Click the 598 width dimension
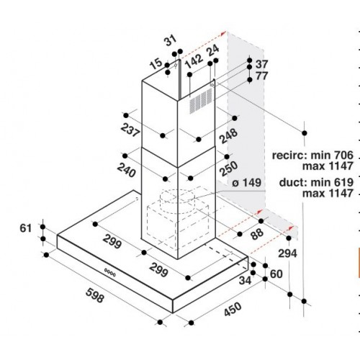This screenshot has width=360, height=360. coord(94,295)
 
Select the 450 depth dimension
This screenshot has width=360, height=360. coord(233,310)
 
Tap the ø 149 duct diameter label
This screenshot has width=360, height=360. coord(246,183)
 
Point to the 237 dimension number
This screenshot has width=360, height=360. coord(130,130)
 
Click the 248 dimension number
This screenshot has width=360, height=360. coord(229,136)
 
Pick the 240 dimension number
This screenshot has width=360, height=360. coord(127,170)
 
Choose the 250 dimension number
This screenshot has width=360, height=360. coord(229,168)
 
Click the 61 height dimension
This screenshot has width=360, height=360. coord(25,228)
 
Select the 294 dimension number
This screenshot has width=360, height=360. coord(287,253)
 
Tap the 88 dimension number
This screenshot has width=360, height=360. coord(257,234)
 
